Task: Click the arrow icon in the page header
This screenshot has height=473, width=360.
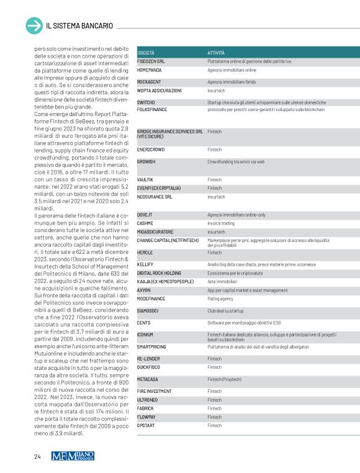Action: point(34,25)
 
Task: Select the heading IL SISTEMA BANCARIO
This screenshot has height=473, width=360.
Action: point(79,26)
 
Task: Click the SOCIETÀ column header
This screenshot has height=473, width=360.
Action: point(146,53)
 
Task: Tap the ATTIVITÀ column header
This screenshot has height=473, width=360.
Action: point(217,53)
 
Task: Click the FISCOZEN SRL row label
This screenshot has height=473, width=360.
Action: point(151,61)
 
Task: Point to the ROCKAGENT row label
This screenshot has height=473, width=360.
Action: point(149,82)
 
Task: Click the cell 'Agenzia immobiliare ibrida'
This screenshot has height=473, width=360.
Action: point(232,82)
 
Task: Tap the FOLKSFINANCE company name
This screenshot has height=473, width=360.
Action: point(152,109)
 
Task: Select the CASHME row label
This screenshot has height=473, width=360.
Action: point(145,223)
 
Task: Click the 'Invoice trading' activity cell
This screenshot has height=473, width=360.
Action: point(222,223)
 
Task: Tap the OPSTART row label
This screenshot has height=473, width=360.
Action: point(147,426)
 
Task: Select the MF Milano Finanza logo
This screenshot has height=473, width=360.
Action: point(73,457)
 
